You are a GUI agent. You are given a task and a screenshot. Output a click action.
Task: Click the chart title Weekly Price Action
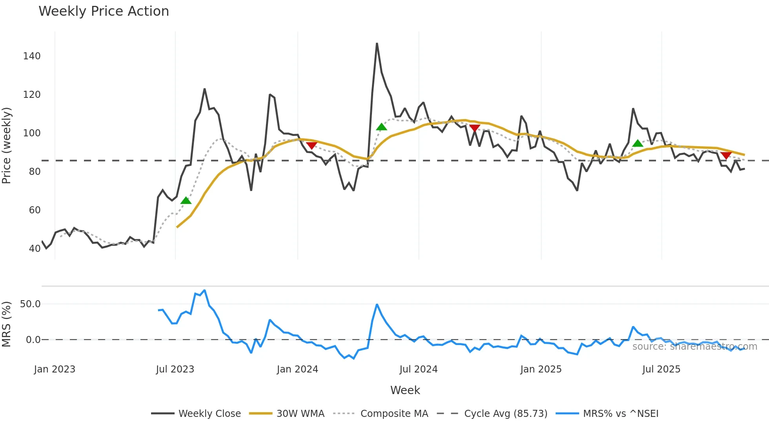coord(104,11)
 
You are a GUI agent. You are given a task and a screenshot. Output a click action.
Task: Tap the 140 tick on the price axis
coord(32,56)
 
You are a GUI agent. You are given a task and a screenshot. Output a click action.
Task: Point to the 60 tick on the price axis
coord(35,210)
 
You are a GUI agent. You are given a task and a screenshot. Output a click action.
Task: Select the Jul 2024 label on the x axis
coord(418,369)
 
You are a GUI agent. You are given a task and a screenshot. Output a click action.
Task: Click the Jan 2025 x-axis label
coord(541,369)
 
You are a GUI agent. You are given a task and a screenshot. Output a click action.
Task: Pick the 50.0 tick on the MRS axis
coord(30,304)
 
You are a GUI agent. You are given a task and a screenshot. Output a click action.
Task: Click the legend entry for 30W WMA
coord(300,414)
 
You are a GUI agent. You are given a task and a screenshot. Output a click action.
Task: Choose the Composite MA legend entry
coord(394,414)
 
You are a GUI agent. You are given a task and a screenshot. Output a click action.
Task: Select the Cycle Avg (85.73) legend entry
coord(505,414)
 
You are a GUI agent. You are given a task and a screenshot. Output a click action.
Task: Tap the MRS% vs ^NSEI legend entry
coord(620,414)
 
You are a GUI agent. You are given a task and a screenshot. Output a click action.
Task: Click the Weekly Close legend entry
coord(210,414)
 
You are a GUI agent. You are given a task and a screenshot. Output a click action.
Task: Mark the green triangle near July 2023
coord(186,201)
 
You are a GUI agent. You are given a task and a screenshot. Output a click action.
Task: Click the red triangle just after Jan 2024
coord(312,146)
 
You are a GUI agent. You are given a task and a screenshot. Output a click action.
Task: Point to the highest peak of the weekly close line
coord(377,44)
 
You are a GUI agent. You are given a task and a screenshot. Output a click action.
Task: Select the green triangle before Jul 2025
coord(638,143)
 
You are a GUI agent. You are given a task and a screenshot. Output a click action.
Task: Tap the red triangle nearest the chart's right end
coord(726,156)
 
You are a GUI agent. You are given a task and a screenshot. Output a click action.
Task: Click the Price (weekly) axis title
coord(7,145)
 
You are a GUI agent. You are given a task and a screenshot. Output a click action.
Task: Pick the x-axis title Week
coord(405,390)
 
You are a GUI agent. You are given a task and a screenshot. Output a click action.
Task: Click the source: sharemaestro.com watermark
coord(694,347)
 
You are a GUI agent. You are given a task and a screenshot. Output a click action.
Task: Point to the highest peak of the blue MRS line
coord(204,290)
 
